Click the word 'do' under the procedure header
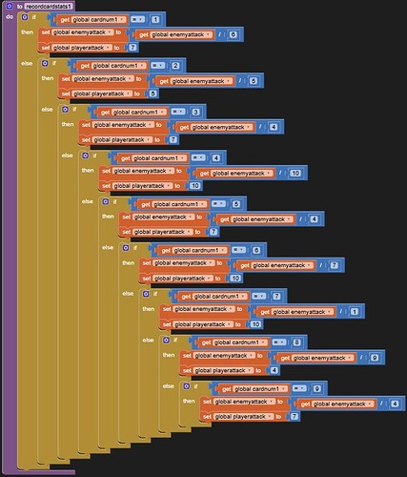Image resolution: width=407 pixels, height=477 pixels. point(10,17)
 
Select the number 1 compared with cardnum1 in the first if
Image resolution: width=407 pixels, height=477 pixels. point(155,19)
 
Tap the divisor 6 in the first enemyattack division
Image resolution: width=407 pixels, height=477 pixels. point(234,34)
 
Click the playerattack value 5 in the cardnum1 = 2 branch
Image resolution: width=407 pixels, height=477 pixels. point(153,93)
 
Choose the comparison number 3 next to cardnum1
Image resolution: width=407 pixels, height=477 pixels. point(195,112)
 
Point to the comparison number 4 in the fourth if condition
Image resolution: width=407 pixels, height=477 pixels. point(216,157)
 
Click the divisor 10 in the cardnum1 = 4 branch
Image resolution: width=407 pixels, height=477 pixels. point(295,172)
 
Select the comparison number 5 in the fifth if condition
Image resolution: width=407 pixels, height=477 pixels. point(236,203)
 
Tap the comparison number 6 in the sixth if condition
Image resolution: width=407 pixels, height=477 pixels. point(256,249)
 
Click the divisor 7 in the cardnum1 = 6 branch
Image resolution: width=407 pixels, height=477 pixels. point(335,264)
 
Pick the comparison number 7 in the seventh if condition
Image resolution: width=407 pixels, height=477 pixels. point(276,296)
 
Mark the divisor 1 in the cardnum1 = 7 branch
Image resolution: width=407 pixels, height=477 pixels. point(355,311)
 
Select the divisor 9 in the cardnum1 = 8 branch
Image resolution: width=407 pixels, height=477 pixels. point(375,357)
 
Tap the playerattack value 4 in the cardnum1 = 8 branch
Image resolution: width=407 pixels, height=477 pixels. point(274,369)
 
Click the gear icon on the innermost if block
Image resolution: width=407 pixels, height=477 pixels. point(186,388)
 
